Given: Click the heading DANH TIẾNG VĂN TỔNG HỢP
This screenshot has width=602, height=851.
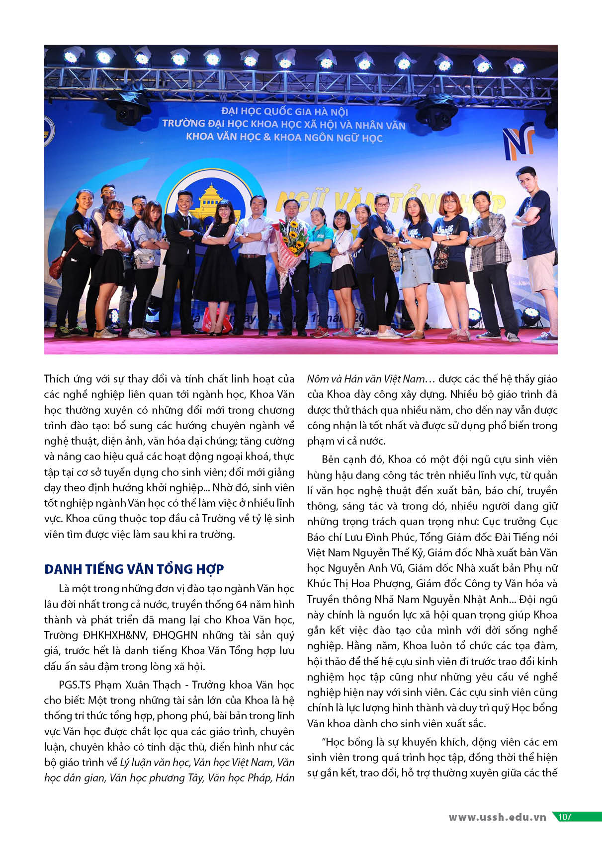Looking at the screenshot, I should (134, 569).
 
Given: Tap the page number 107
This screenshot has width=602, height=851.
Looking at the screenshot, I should (565, 817).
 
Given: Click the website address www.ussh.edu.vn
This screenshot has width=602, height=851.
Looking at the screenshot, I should (497, 817).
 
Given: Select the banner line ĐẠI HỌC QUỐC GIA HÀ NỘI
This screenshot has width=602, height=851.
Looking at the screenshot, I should (284, 112).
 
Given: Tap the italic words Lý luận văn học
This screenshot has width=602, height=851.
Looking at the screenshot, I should (154, 762).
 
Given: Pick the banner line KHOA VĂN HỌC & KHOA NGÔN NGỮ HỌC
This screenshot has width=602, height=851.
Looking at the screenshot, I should (284, 137).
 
